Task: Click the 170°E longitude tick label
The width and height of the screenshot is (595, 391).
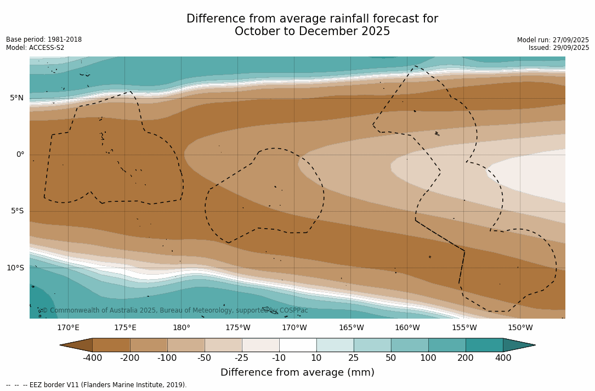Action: point(68,328)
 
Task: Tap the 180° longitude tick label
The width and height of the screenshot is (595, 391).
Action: point(182,328)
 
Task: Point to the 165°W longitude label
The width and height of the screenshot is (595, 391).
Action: point(351,328)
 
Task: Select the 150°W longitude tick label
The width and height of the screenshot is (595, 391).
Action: point(520,328)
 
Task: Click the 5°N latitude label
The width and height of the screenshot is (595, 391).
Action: point(16,98)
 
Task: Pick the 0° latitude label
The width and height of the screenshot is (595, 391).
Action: point(20,155)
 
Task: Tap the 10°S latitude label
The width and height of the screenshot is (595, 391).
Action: point(15,268)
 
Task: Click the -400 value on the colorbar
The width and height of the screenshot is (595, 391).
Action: point(92,358)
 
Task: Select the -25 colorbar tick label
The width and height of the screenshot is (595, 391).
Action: point(242,358)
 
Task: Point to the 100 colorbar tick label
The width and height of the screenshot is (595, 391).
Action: point(428,358)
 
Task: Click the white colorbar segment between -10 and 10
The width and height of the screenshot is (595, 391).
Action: point(298,345)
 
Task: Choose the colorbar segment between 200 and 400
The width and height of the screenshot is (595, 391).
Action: point(484,345)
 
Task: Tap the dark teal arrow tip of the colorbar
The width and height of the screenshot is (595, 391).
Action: point(518,345)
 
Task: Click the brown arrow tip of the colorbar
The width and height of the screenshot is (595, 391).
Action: point(77,345)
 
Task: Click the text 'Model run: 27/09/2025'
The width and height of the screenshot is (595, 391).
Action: point(553,40)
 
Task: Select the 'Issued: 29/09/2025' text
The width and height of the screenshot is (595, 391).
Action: point(559,48)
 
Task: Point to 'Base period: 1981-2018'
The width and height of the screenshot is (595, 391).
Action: point(44,39)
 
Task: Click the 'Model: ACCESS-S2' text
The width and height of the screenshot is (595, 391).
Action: point(35,48)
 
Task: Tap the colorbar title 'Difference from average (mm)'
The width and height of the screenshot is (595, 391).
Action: point(297,373)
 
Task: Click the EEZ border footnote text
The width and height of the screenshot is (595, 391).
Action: point(96,385)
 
